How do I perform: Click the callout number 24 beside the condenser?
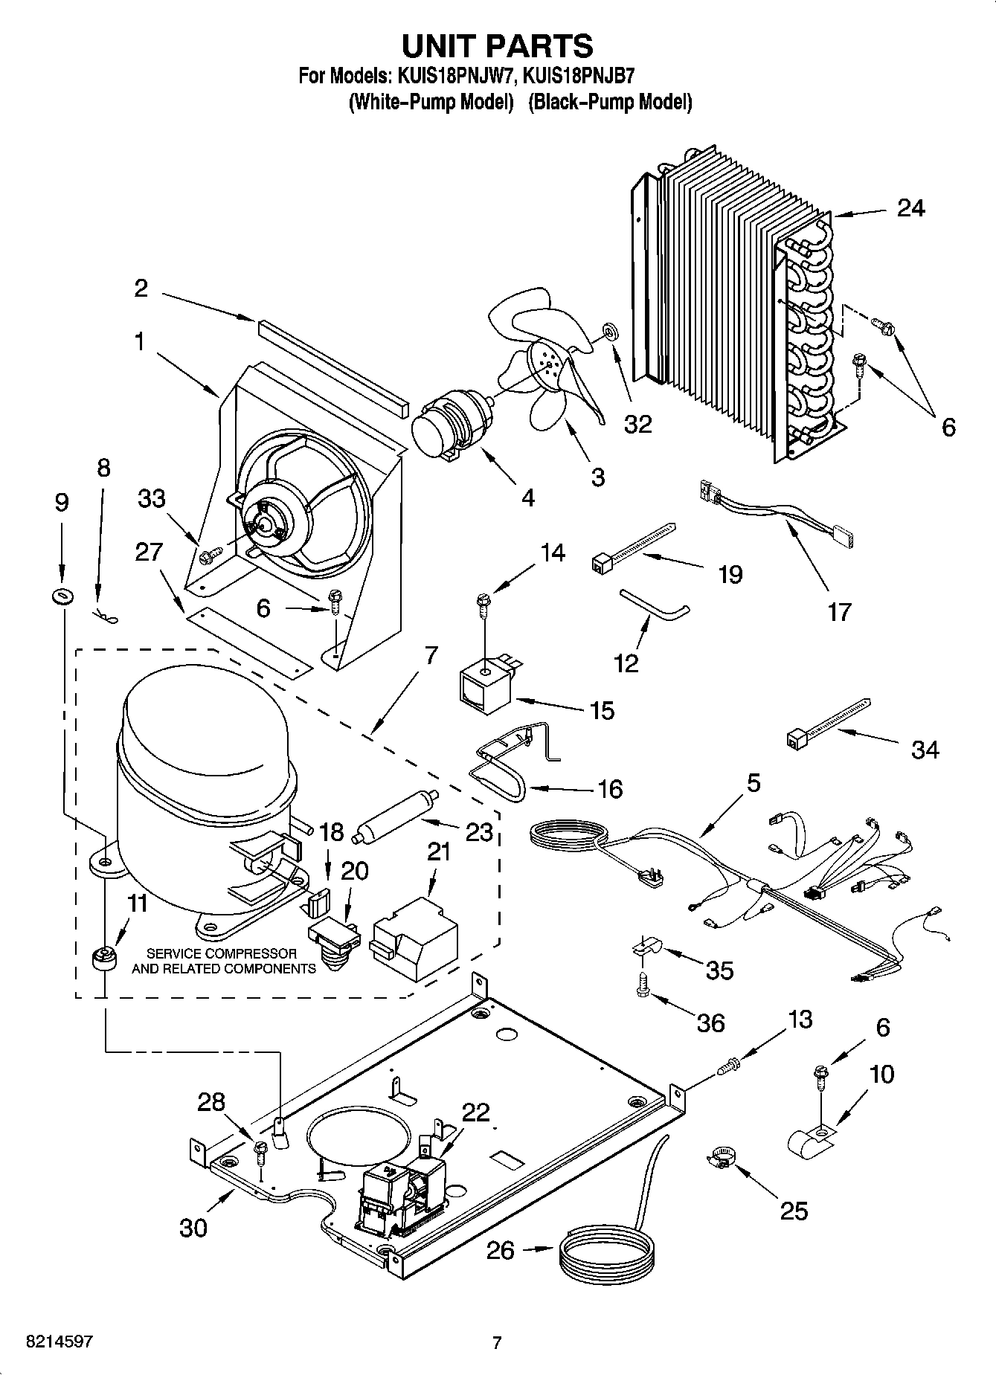[x=910, y=208]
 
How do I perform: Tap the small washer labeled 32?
[x=611, y=329]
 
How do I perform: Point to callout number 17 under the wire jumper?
[x=838, y=612]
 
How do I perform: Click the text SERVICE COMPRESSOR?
[x=222, y=953]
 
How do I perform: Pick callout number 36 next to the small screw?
[x=710, y=1023]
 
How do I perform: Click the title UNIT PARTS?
[x=497, y=46]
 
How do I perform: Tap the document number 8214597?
[x=49, y=1342]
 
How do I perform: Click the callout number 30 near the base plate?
[x=193, y=1227]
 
